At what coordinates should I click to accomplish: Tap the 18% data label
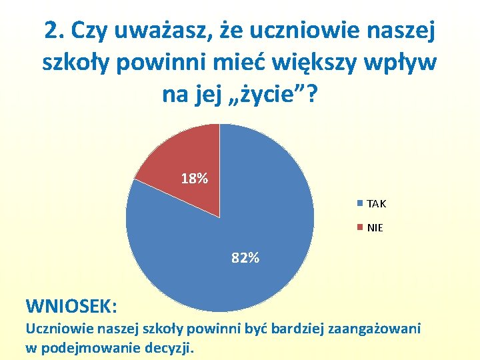[x=195, y=179]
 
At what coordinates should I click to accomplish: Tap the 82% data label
[x=245, y=258]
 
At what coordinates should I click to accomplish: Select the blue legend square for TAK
[x=361, y=203]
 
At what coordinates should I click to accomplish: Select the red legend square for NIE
[x=361, y=227]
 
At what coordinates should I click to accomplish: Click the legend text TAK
[x=376, y=204]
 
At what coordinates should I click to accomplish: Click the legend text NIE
[x=375, y=228]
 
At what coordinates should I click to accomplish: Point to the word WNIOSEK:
[x=71, y=306]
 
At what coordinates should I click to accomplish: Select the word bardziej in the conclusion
[x=306, y=329]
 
